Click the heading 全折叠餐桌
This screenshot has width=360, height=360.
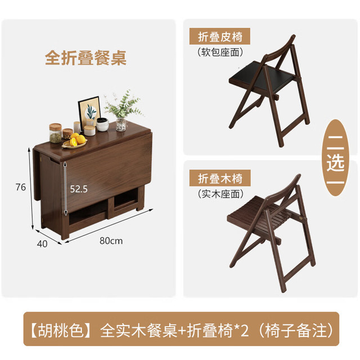(x=85, y=57)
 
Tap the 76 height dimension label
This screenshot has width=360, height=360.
(x=21, y=187)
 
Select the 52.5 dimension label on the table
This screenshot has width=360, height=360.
(x=79, y=189)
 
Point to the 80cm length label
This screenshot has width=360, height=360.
(x=111, y=241)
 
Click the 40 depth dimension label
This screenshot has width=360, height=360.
(x=42, y=244)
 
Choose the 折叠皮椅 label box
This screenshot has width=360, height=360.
(x=220, y=36)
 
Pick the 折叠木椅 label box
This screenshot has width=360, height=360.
(x=220, y=178)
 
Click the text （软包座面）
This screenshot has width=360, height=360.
(x=220, y=52)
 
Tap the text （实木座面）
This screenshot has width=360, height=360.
(x=220, y=193)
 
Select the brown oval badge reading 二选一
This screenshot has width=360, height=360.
(x=335, y=157)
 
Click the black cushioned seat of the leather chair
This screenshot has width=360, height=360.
(x=262, y=76)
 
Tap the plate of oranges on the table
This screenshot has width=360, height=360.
(x=75, y=141)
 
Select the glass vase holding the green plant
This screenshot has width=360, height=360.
(x=121, y=124)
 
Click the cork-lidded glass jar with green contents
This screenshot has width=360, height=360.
(x=56, y=133)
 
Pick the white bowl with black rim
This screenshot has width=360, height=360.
(x=102, y=124)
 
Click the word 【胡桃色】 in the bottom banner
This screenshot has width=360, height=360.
(x=61, y=330)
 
